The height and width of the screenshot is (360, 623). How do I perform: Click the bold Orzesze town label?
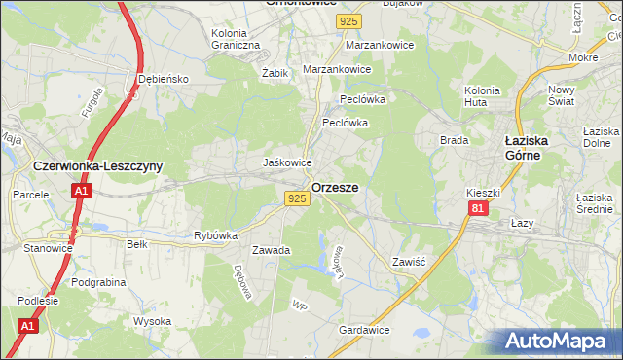click(335, 187)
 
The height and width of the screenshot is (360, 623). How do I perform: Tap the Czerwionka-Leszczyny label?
click(97, 166)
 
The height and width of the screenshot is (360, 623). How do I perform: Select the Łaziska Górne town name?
click(530, 147)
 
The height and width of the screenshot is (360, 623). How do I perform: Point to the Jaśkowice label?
click(288, 162)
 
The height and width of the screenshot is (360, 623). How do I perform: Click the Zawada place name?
click(272, 250)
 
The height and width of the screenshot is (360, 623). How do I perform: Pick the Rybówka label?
click(216, 235)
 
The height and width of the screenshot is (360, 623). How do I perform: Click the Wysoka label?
click(153, 321)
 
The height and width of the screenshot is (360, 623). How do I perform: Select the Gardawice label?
click(364, 331)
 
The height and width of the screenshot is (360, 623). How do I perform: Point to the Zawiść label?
click(410, 263)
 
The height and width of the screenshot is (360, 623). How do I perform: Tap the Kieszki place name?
click(483, 193)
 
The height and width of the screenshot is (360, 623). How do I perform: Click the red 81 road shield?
click(476, 209)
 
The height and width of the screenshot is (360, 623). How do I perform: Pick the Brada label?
click(455, 140)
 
